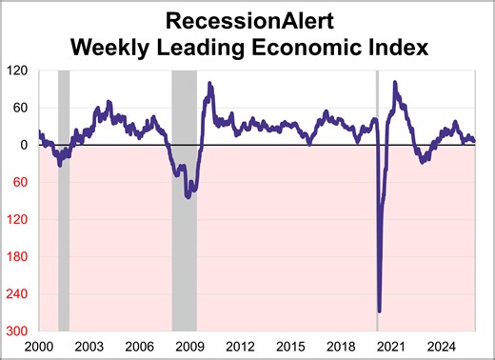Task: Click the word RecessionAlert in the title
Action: pos(247,20)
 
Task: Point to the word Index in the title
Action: pos(389,46)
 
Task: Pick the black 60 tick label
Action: pos(22,108)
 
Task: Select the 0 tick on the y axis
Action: pos(26,145)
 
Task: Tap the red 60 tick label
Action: pos(22,182)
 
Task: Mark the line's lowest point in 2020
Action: pos(379,310)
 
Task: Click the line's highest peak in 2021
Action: pos(395,83)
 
